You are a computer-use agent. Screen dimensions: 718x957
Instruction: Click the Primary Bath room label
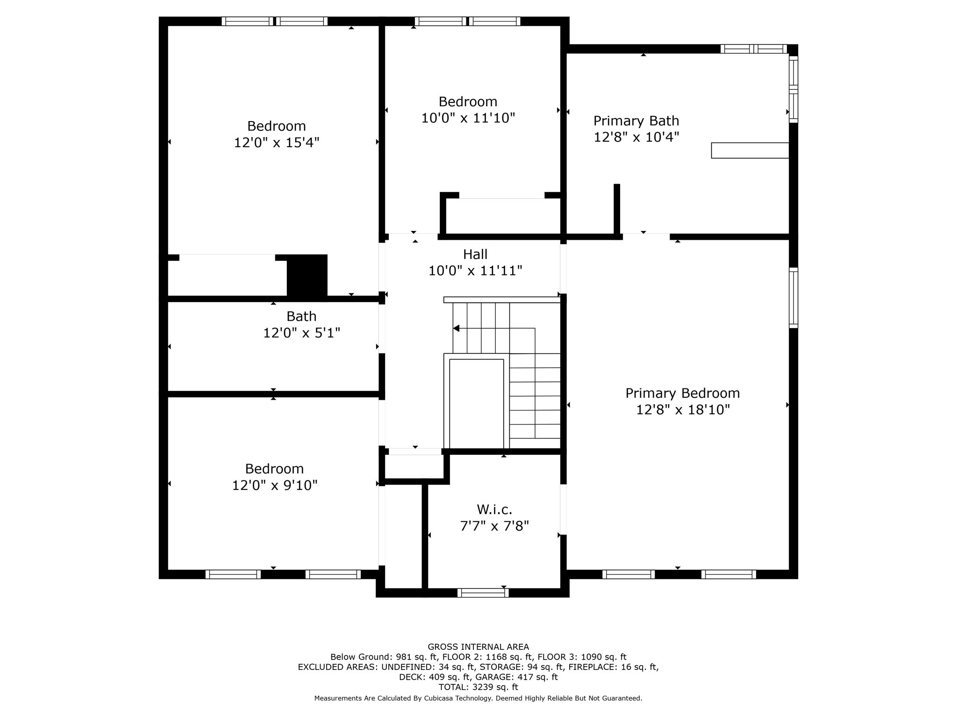point(636,121)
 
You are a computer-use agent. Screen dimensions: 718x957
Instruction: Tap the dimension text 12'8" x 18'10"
point(683,409)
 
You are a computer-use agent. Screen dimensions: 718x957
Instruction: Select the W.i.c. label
point(494,509)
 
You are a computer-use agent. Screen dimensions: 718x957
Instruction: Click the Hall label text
point(475,254)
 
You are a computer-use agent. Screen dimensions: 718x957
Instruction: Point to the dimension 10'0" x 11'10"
point(468,118)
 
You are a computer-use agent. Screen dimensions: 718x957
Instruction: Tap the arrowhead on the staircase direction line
point(457,329)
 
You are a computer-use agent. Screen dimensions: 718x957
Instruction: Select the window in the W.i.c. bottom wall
point(483,593)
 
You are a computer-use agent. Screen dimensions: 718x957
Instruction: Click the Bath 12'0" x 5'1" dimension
point(301,333)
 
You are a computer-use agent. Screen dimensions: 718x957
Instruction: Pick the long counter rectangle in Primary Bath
point(750,151)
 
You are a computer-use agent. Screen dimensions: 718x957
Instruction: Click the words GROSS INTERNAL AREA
point(478,647)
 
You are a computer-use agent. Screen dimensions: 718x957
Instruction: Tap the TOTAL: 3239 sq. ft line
point(478,687)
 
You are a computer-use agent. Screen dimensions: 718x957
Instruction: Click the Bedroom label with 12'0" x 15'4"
point(276,126)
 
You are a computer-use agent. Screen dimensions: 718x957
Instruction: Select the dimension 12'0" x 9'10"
point(275,485)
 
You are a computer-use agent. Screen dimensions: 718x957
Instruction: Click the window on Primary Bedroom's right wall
point(793,298)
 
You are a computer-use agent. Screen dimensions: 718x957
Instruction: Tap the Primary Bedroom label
point(682,393)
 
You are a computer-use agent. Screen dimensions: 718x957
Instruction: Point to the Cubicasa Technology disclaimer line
point(478,698)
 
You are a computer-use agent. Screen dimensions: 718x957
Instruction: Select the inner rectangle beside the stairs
point(476,403)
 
